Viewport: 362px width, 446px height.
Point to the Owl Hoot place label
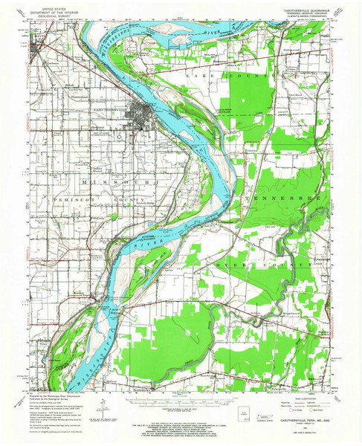click(295, 95)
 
